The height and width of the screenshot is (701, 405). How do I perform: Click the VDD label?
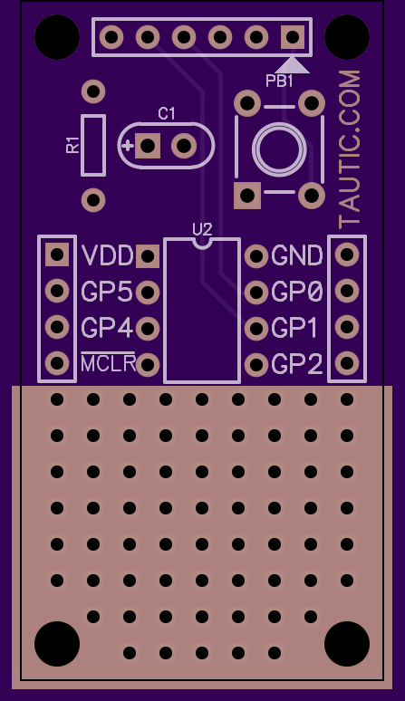click(x=108, y=255)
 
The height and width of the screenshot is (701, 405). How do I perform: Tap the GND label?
click(x=297, y=255)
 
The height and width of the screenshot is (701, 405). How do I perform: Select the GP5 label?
click(x=107, y=292)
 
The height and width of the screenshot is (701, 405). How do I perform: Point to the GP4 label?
click(x=107, y=328)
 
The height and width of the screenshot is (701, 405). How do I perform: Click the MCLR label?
click(x=108, y=363)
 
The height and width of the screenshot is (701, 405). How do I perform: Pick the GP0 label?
click(x=297, y=292)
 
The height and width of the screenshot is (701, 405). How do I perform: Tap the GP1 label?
click(x=294, y=328)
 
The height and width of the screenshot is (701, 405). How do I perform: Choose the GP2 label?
click(x=297, y=364)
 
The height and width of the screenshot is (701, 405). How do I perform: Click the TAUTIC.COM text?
click(x=349, y=149)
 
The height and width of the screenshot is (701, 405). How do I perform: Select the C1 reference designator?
click(x=167, y=114)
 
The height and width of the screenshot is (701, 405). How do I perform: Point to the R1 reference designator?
click(x=72, y=145)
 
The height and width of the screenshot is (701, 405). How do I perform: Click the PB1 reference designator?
click(x=279, y=81)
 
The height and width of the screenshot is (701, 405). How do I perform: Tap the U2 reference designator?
click(x=202, y=230)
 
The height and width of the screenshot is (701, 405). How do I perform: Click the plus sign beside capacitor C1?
click(x=128, y=145)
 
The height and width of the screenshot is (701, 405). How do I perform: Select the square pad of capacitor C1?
click(x=148, y=145)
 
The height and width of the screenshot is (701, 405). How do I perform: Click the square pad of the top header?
click(x=293, y=36)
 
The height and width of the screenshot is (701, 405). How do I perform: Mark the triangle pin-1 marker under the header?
click(x=293, y=65)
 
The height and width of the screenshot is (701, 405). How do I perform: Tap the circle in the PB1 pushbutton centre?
click(x=279, y=149)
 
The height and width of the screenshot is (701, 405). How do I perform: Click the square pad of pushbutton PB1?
click(x=247, y=196)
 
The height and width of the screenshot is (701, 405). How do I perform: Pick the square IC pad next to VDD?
click(x=148, y=256)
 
